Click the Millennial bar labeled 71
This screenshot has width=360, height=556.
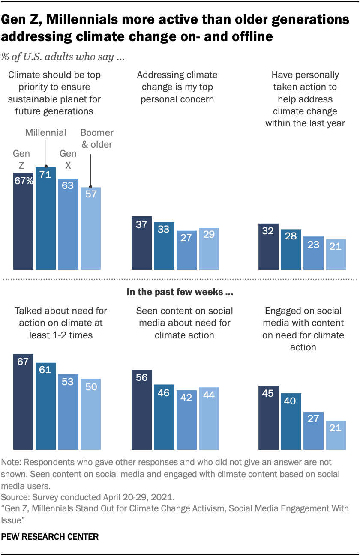coord(45,218)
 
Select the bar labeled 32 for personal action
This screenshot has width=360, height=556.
coord(268,247)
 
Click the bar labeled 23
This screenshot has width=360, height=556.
coord(313,253)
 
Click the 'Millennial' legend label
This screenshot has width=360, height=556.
coord(45,132)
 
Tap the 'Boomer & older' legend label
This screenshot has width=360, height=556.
coord(96,139)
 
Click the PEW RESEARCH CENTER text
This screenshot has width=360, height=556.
coord(50,536)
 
